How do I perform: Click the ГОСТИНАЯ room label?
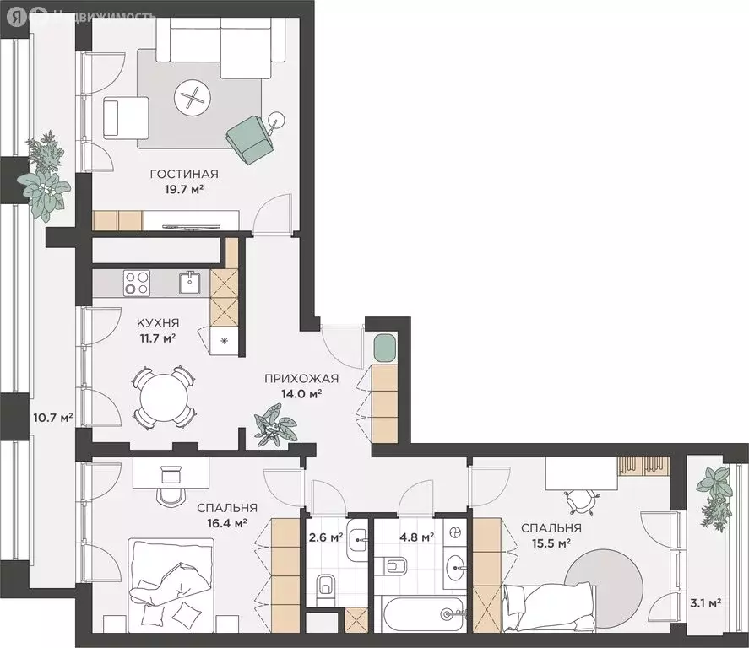(x=184, y=174)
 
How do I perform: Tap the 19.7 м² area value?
(x=184, y=190)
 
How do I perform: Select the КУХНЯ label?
(x=158, y=323)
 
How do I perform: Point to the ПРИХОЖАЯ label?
(x=301, y=379)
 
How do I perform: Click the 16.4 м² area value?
(x=227, y=523)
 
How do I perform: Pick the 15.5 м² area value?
(x=551, y=543)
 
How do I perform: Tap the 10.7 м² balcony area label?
(x=53, y=418)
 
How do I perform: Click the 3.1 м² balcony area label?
(x=705, y=603)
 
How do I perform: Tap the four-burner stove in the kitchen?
(x=137, y=283)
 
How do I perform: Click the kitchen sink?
(x=191, y=283)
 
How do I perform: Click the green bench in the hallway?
(x=384, y=348)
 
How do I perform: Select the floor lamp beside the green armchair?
(x=275, y=121)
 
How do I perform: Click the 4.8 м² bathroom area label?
(x=416, y=537)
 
